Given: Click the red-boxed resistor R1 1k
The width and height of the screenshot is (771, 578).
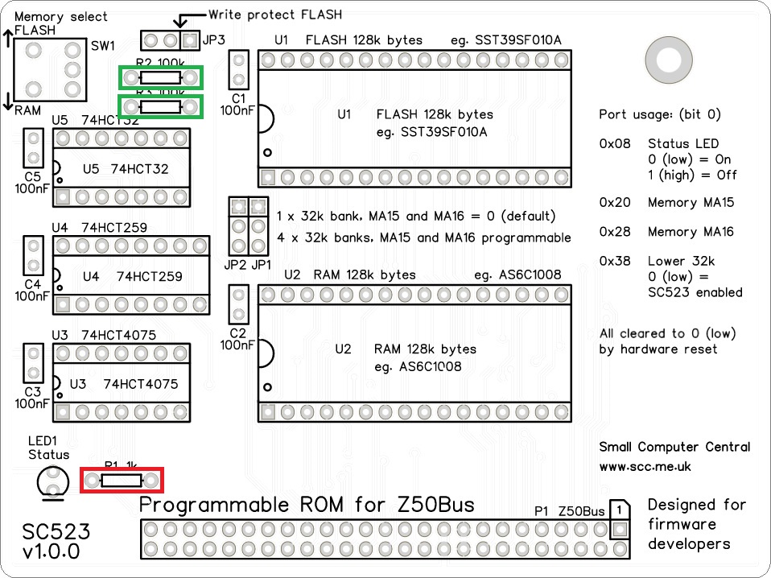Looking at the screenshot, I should click(122, 481).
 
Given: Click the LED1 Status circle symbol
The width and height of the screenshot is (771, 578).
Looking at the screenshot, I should click(52, 481).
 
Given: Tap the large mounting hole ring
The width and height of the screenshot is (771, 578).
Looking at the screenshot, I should click(668, 60).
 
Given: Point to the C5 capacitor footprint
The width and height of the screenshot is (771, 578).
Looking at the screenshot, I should click(33, 148).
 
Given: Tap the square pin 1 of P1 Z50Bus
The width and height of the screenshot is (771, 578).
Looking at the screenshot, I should click(619, 530).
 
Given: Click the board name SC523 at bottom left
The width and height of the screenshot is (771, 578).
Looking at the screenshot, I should click(56, 531).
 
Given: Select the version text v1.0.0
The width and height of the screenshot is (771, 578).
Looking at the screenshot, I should click(52, 552).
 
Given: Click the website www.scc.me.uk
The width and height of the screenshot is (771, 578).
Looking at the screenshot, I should click(645, 466).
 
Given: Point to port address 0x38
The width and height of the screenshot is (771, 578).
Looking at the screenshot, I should click(614, 261).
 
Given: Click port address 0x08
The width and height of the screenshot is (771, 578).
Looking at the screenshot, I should click(614, 144).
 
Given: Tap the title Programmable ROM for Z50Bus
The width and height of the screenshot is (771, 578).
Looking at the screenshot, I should click(307, 505).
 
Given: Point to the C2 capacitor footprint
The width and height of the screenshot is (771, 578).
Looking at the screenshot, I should click(239, 306).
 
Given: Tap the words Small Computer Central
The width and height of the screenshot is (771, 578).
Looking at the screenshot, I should click(674, 447).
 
